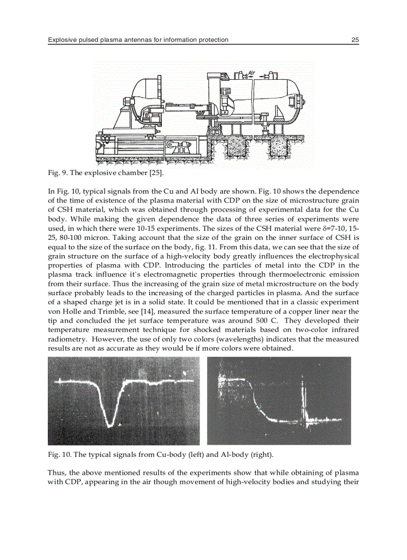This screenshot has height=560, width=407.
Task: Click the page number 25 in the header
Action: pos(355,40)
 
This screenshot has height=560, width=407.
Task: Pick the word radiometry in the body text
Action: pos(67,339)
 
